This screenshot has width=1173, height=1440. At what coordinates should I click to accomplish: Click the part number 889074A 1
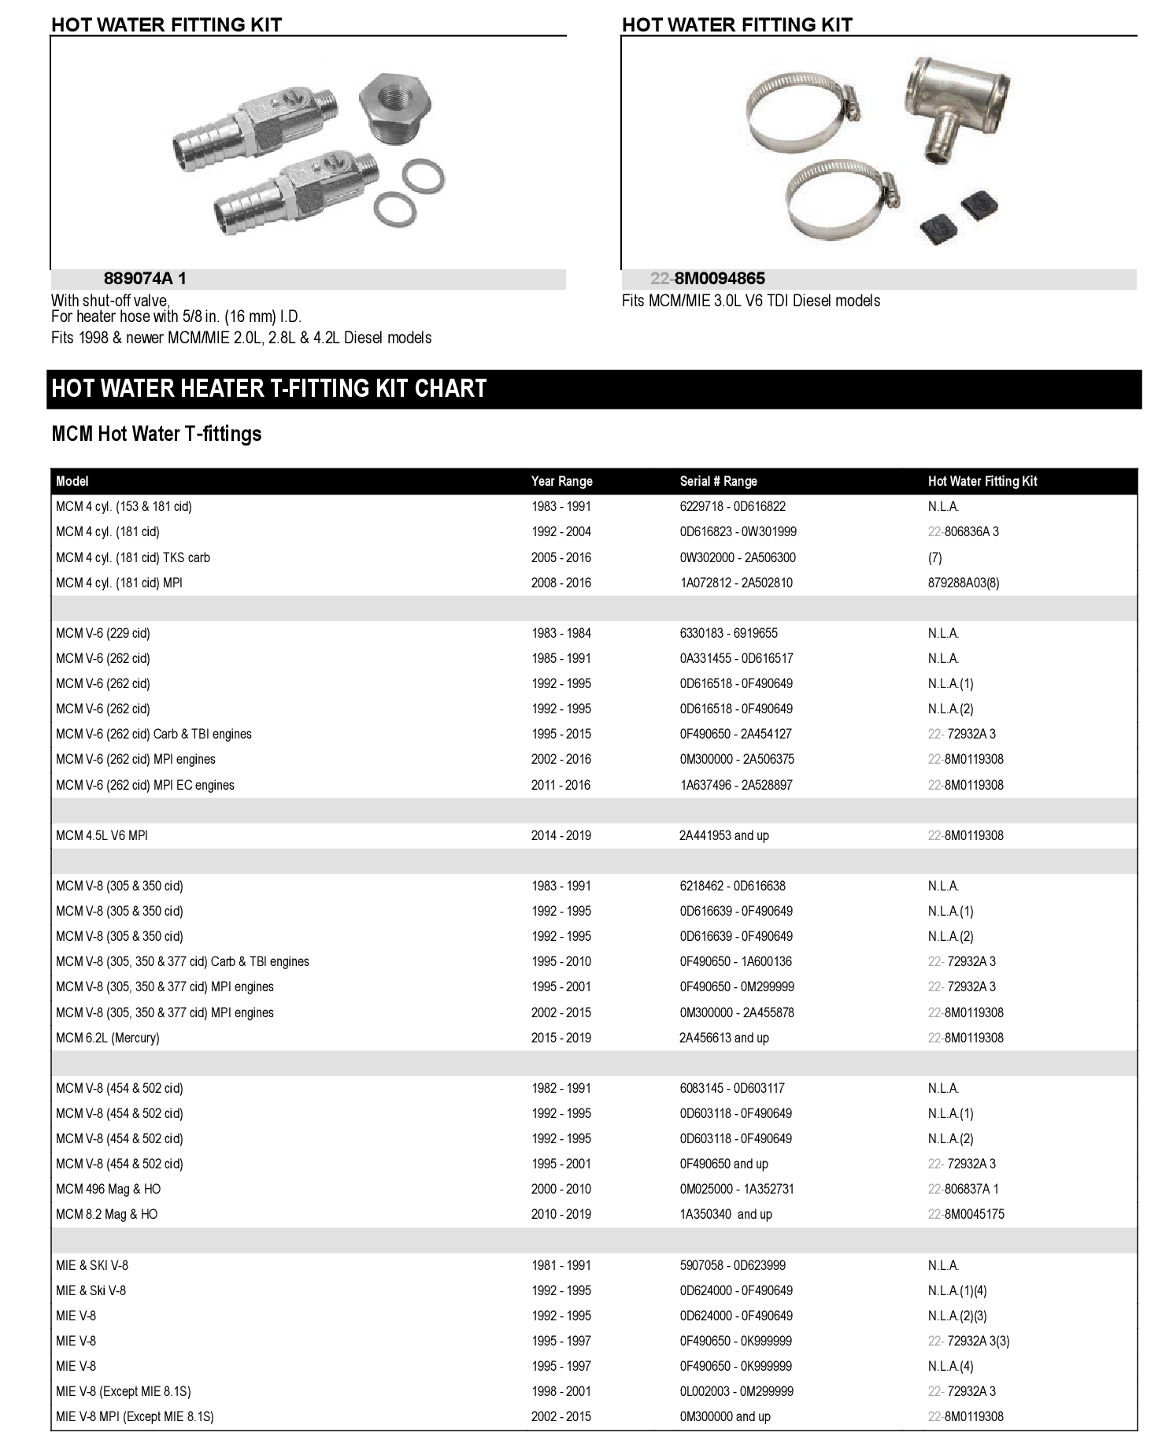[145, 279]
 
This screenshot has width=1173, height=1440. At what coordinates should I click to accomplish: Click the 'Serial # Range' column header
[718, 481]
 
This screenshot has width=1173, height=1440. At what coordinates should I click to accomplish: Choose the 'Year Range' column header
[561, 481]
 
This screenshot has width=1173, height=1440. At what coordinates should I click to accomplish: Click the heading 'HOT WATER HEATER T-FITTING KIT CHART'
[269, 389]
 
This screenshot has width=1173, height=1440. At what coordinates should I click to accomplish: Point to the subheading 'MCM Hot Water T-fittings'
[156, 434]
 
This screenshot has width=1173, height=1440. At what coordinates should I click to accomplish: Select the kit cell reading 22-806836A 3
[963, 532]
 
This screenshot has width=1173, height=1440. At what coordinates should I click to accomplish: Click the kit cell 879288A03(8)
[964, 583]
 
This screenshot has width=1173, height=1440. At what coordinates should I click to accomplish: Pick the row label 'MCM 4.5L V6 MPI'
[102, 835]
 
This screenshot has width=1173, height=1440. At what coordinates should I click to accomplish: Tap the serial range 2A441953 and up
[723, 835]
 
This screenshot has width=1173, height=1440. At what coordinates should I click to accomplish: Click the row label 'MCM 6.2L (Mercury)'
[107, 1038]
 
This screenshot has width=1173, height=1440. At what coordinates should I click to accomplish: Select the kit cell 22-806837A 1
[963, 1189]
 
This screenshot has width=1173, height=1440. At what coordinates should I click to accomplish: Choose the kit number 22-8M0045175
[965, 1214]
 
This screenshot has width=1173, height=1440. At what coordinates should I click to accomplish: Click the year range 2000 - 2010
[561, 1189]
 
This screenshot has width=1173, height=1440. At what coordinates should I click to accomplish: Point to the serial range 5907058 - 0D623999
[732, 1265]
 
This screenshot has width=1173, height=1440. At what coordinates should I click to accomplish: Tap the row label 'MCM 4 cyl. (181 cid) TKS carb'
[132, 557]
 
